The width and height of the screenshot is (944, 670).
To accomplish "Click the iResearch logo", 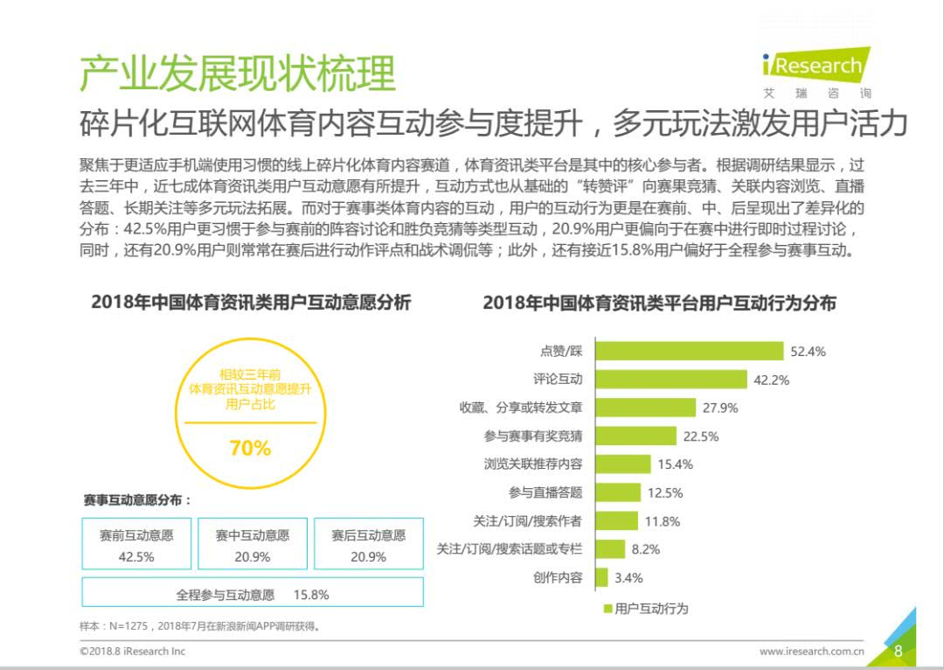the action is click(816, 71).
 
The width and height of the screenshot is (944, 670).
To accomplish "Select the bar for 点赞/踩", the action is click(690, 351).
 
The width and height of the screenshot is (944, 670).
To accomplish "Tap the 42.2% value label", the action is click(771, 380).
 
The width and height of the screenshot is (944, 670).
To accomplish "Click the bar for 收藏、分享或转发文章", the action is click(645, 408).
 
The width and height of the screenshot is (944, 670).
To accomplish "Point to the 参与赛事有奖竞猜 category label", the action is click(533, 436).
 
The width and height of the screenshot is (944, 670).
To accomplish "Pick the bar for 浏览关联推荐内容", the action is click(623, 464).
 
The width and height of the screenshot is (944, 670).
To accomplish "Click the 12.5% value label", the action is click(665, 492).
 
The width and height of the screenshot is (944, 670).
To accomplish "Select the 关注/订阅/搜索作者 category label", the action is click(527, 520).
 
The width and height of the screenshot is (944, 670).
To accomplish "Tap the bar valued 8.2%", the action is click(610, 549).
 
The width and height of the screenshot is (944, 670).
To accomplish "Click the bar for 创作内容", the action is click(601, 577).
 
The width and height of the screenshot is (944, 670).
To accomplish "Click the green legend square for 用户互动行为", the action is click(608, 609).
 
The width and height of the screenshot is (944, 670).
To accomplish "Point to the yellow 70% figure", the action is click(251, 449).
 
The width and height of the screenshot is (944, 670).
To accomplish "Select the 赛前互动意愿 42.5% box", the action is click(136, 543).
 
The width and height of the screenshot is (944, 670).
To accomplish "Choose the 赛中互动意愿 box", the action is click(253, 543).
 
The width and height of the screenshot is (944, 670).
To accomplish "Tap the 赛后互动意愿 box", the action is click(369, 543).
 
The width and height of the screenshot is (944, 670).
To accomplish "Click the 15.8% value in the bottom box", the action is click(311, 595).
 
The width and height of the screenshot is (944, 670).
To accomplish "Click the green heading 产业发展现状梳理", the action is click(238, 73).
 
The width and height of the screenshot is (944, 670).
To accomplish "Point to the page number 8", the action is click(899, 651).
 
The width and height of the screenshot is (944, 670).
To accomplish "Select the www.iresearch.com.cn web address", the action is click(811, 652).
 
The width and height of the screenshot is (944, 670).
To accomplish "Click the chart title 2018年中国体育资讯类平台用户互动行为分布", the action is click(660, 303).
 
